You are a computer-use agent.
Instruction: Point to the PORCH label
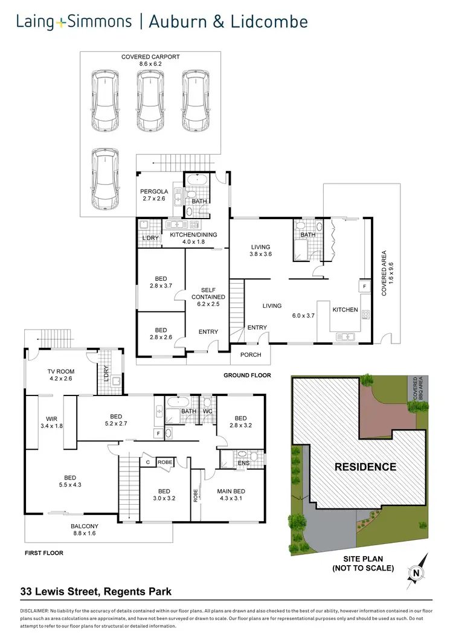(251, 355)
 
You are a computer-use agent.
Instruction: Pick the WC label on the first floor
(208, 412)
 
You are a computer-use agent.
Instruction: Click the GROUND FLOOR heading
(247, 375)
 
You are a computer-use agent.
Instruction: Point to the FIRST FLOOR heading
(44, 552)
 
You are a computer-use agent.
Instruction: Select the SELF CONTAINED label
(209, 293)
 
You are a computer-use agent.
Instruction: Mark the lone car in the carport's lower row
(105, 180)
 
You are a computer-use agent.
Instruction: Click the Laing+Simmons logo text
(74, 22)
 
